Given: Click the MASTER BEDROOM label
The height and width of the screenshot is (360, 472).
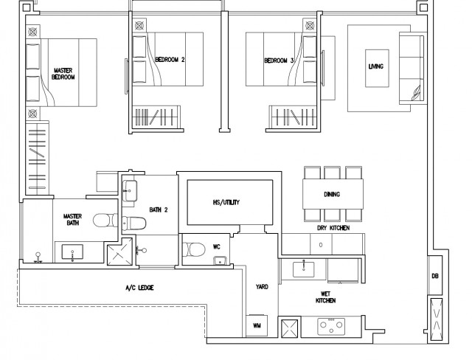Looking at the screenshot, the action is pos(63,74).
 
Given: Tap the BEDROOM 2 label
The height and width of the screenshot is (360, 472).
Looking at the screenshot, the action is pos(170,60).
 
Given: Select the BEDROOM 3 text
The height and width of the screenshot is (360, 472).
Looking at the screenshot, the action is pos(279,60).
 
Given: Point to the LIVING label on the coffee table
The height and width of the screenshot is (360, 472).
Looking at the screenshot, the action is pos(376,66).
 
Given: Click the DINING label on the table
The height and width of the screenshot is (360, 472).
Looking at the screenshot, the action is pos(332,194).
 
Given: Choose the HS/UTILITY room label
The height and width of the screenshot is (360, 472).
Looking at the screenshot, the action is pos(226,202).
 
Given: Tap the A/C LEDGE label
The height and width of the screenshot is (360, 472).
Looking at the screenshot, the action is pos(139,288).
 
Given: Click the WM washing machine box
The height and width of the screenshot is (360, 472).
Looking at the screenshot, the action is pos(257,325).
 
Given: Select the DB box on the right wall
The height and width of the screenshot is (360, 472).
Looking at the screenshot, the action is pos(435,275).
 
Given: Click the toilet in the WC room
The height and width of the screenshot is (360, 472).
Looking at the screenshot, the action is pos(194,249).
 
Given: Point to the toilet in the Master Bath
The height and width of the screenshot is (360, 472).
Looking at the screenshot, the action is pos(105,221).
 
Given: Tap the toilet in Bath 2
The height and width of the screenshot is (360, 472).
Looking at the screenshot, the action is pos(134,224).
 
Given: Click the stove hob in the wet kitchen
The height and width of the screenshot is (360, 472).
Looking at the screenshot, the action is pos(331,327).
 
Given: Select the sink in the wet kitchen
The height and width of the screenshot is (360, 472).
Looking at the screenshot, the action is pos(303,269).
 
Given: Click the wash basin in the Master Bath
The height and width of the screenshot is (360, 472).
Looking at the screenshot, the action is pos(72,252).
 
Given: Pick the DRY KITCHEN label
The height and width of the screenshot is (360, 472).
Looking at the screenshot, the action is pos(333,228).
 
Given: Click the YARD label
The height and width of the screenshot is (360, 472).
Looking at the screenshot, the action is pos(262,287).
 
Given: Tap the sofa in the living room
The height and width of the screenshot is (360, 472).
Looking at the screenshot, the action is pos(412,69).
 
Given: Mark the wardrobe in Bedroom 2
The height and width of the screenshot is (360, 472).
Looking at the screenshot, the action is pos(156,117).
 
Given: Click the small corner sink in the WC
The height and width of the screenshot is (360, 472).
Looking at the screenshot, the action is pos(221,260).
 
